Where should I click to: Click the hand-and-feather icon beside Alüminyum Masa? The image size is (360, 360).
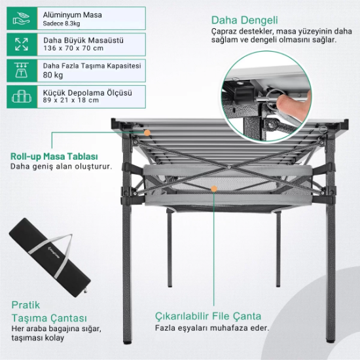coord(22,18)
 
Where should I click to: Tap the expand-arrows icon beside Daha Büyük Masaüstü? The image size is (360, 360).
coord(22,45)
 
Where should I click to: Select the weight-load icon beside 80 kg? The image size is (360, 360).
coord(22,70)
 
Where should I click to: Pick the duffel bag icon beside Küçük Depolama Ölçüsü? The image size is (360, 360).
coord(22,96)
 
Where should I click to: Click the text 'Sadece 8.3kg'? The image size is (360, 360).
coord(62,24)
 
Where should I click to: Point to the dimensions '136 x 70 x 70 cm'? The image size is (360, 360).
coord(73,48)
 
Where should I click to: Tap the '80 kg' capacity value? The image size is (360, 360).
coord(53,75)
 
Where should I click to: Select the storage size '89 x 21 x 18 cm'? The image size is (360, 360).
coord(71,100)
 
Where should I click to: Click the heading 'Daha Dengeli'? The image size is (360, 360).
coord(245,20)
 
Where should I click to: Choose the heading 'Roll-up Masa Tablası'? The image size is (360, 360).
coord(54,156)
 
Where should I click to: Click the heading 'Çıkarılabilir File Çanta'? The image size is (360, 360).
coord(208,316)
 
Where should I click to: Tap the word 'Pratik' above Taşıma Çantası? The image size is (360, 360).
coord(26,305)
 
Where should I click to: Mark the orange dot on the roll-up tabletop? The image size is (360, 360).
coord(147,133)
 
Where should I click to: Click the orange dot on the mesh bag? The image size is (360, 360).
coord(214,189)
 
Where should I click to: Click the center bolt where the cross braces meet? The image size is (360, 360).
coord(229,168)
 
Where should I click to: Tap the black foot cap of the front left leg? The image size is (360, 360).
coord(126,342)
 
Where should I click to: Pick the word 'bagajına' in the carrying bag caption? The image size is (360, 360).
coord(62,329)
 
